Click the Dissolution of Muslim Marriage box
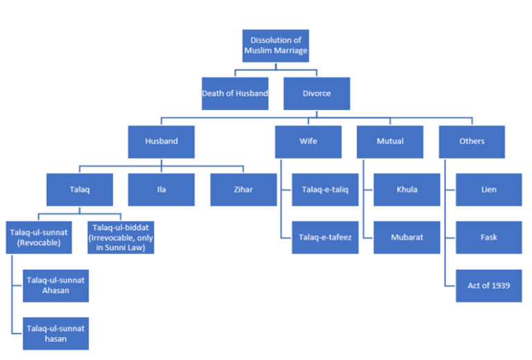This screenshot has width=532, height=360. tap(275, 46)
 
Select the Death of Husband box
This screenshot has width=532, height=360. tap(235, 93)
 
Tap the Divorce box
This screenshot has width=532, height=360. tap(317, 93)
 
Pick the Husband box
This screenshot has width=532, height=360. tap(161, 141)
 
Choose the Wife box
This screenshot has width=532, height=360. tap(308, 141)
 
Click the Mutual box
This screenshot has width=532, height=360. tap(390, 141)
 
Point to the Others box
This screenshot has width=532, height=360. tap(472, 141)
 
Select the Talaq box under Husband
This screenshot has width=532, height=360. tap(80, 190)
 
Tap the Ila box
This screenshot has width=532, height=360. tap(161, 190)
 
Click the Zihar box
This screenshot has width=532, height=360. tap(243, 190)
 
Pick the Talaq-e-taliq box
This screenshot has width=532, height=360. tap(325, 190)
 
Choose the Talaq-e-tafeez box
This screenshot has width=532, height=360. tap(325, 237)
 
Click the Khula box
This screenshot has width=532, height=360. tap(407, 190)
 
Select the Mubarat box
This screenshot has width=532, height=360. tap(407, 237)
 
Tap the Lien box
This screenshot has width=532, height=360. tap(488, 190)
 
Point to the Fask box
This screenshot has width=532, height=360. tap(488, 237)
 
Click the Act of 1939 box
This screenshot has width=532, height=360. tap(488, 285)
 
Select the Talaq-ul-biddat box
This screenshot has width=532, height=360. tap(121, 237)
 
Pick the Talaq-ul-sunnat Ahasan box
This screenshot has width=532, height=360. tap(55, 285)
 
